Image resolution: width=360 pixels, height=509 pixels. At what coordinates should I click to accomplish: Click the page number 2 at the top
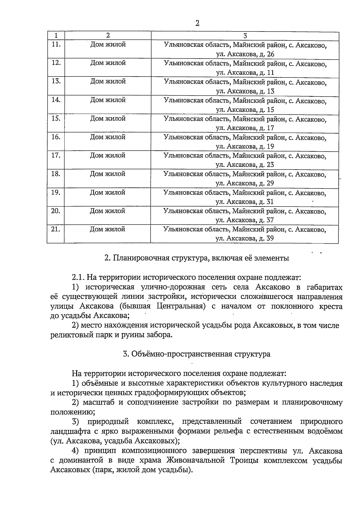tap(197, 23)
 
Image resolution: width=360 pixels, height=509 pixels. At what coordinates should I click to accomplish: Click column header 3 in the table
tap(245, 36)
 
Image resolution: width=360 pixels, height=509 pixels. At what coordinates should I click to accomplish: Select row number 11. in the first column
tap(56, 44)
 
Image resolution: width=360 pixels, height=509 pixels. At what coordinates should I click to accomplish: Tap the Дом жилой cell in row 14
tap(108, 100)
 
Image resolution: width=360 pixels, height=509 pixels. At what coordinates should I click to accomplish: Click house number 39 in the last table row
tap(270, 239)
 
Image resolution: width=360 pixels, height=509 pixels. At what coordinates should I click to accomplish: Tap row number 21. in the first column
tap(56, 229)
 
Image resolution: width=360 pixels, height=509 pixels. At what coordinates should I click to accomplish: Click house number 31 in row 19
tap(270, 202)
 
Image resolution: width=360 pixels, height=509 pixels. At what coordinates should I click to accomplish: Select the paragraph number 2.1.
tap(79, 277)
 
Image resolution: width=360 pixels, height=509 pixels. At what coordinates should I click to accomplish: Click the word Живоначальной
tap(196, 460)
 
